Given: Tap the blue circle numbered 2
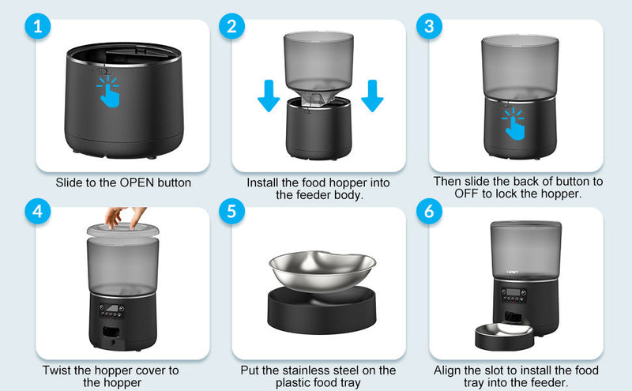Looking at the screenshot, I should (x=231, y=26).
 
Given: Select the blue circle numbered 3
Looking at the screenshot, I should (x=428, y=26).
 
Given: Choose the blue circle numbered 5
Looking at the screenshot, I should (x=231, y=212).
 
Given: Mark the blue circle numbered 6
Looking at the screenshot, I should (x=428, y=212).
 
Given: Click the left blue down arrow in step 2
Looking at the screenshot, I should (x=269, y=95).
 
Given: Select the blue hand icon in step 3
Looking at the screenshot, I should (x=514, y=123).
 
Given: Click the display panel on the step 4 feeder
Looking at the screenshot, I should (x=117, y=310).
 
